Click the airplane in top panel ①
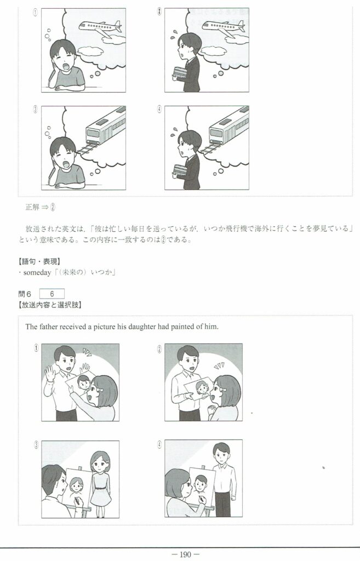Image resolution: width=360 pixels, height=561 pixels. [x=101, y=28]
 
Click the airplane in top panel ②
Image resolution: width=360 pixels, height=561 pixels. [x=224, y=27]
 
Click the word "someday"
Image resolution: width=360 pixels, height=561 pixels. [x=37, y=273]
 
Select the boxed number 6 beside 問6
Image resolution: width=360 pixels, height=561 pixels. [x=52, y=294]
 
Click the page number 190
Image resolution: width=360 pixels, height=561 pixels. [x=185, y=554]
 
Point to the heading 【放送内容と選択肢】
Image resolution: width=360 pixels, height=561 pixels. [x=50, y=305]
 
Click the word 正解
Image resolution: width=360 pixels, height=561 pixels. [x=32, y=207]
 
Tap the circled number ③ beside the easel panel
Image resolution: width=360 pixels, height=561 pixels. [x=36, y=445]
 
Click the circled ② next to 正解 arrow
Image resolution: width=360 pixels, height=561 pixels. [x=53, y=207]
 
